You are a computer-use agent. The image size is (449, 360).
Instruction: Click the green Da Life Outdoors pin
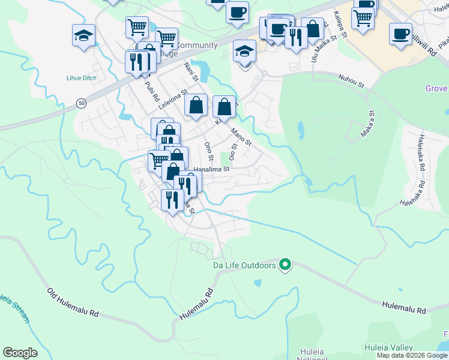click(286, 265)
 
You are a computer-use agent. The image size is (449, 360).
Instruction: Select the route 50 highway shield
click(80, 103)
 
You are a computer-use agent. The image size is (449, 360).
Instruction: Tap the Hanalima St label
click(211, 170)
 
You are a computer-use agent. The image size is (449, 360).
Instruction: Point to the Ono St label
click(209, 151)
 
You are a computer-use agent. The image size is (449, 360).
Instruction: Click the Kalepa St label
click(341, 24)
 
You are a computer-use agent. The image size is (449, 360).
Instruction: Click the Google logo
click(20, 353)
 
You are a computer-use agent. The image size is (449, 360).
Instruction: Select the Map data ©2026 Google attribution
click(412, 355)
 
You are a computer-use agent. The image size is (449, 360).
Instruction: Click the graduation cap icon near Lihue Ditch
click(83, 35)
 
